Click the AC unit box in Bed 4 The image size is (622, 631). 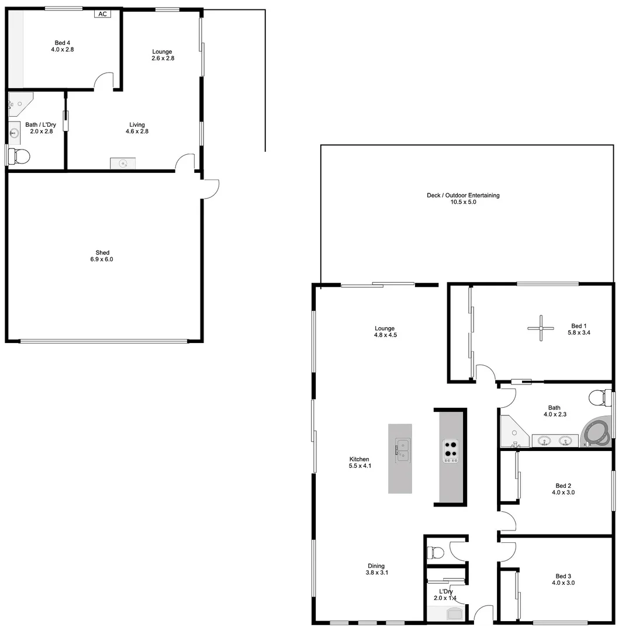pos(102,13)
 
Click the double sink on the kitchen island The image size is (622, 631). pos(402,450)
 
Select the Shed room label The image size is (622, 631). pos(103,252)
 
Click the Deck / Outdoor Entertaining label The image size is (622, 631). pos(463,195)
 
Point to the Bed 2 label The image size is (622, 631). pos(563,486)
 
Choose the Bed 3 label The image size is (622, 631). pos(563,575)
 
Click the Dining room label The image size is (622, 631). pos(376,566)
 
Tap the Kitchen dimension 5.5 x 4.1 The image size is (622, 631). pos(360,466)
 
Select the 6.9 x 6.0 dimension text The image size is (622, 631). pos(103,259)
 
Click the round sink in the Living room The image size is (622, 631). pos(123,164)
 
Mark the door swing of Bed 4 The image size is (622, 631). pos(104,81)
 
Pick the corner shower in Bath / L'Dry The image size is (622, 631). pos(19,103)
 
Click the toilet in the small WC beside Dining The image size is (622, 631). pos(436,552)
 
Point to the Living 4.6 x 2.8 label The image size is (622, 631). pos(137,128)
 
